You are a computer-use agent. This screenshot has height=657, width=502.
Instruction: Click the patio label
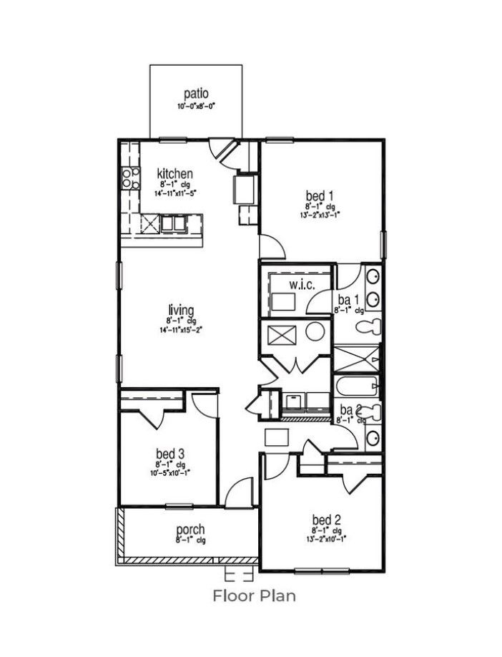click(x=195, y=93)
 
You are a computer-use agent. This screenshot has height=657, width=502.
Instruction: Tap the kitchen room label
click(x=174, y=173)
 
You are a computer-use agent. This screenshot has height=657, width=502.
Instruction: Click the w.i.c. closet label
click(x=302, y=286)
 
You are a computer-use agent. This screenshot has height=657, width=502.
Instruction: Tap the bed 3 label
click(x=170, y=453)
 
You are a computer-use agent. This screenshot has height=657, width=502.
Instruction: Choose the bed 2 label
click(x=325, y=519)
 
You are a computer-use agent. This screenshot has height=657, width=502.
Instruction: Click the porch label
click(x=190, y=530)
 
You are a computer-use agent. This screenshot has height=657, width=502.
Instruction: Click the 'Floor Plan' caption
click(x=254, y=595)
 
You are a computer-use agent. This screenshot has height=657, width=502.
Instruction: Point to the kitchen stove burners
click(x=130, y=177)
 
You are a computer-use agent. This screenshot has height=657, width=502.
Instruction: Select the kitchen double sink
click(x=173, y=223)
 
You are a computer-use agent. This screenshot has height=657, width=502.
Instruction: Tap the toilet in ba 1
click(x=368, y=328)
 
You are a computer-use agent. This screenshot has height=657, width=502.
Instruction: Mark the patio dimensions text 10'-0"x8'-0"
click(x=196, y=106)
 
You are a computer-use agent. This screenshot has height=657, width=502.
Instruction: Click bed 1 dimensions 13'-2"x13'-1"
click(x=320, y=214)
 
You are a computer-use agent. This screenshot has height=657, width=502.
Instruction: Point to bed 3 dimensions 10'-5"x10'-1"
click(x=170, y=473)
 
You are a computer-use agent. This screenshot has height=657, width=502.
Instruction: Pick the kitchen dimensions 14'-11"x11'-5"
click(x=175, y=193)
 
